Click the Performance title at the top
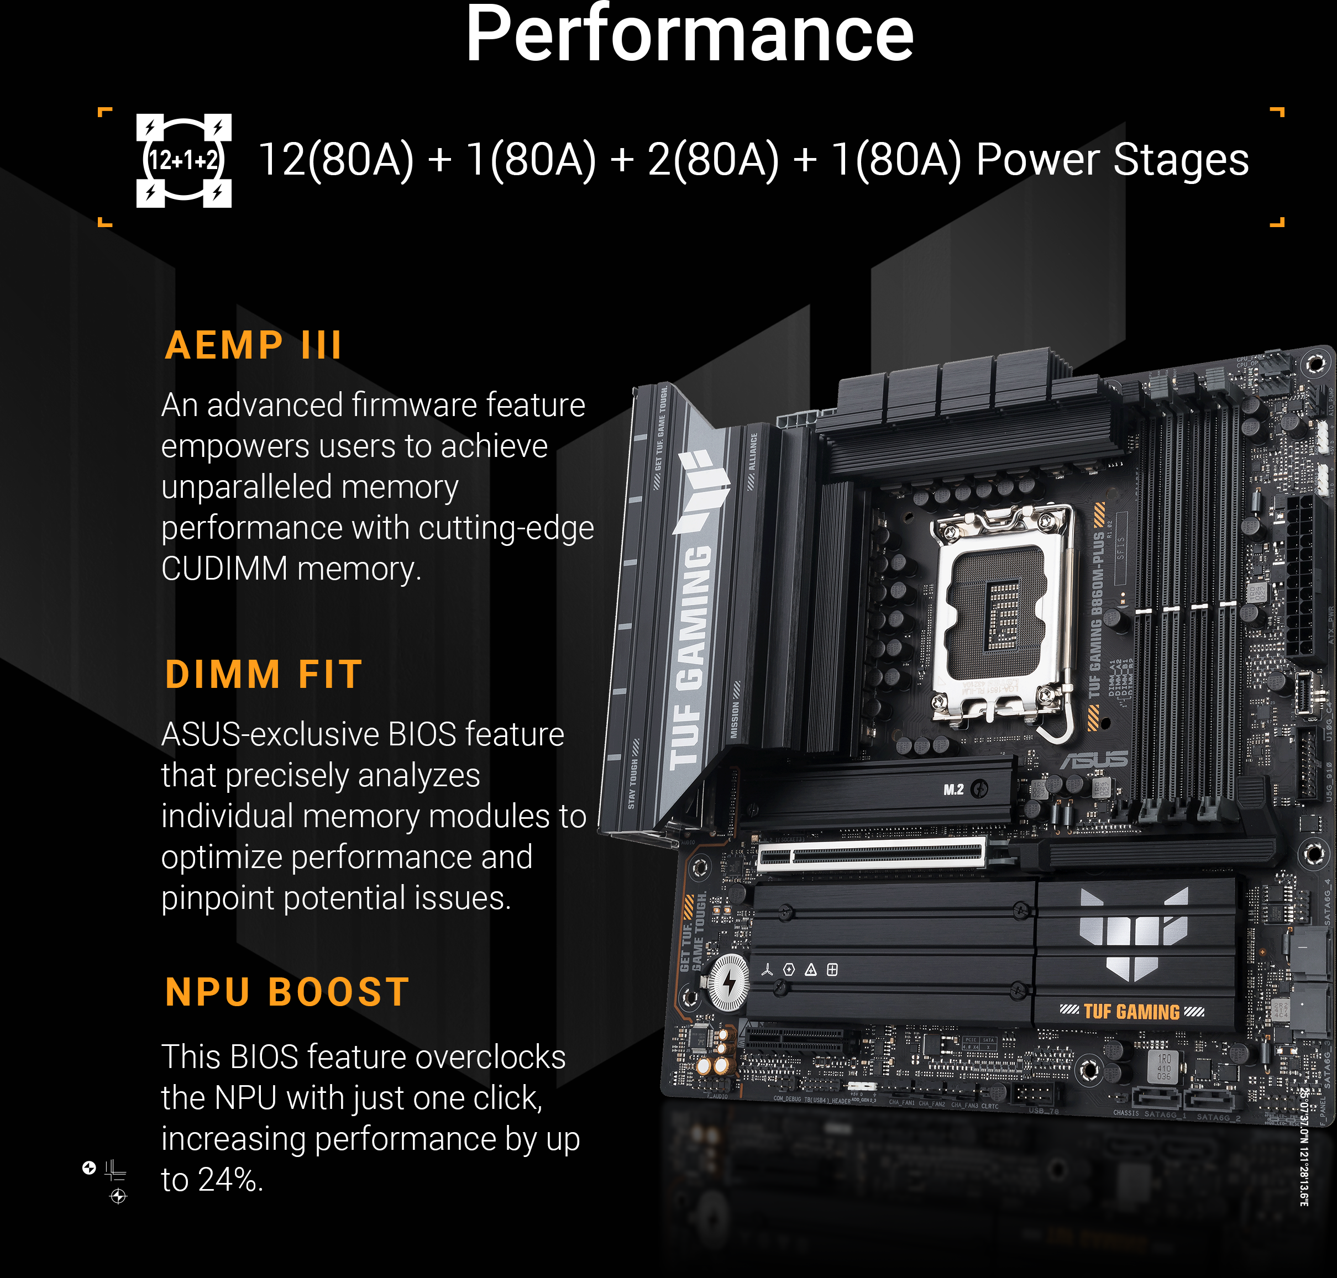point(688,34)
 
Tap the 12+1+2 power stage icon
point(183,161)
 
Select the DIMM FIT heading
point(264,675)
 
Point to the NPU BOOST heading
point(287,992)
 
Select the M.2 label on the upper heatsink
point(953,790)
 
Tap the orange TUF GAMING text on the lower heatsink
point(1131,1012)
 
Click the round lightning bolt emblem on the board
point(728,982)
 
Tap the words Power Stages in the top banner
point(1111,161)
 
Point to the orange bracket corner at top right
point(1278,112)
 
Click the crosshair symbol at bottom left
point(118,1196)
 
